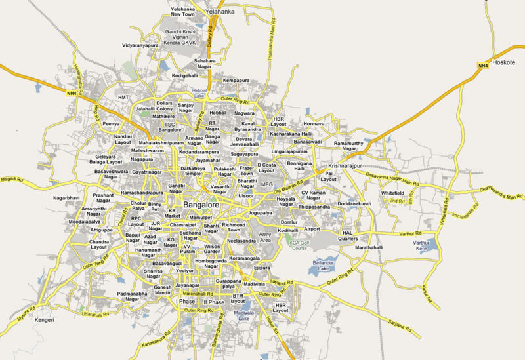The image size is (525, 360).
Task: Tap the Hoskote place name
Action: pyautogui.click(x=508, y=65)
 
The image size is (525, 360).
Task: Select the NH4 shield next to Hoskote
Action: pyautogui.click(x=482, y=64)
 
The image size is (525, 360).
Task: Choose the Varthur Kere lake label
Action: pyautogui.click(x=421, y=247)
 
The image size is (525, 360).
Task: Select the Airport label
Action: pyautogui.click(x=312, y=229)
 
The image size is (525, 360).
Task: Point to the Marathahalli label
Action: pyautogui.click(x=373, y=250)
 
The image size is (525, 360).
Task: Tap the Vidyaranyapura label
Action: pyautogui.click(x=140, y=45)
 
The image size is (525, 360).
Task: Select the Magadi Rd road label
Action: pyautogui.click(x=12, y=178)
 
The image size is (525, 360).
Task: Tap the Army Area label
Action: pyautogui.click(x=266, y=237)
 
